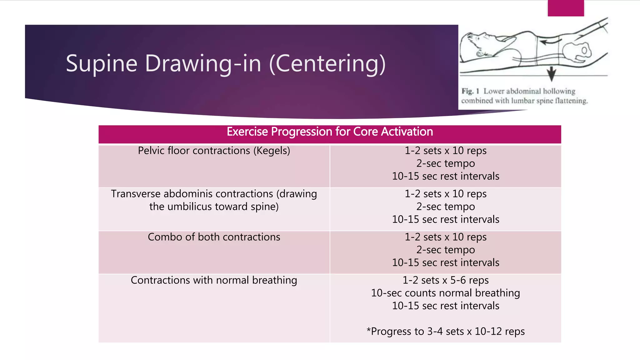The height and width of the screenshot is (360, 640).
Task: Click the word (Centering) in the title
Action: [327, 64]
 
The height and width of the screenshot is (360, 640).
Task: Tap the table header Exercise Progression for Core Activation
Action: [330, 132]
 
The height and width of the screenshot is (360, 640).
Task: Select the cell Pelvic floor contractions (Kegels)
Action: [214, 151]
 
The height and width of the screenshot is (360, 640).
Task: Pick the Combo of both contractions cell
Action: [214, 237]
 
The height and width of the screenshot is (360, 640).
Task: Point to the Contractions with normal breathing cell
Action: [214, 280]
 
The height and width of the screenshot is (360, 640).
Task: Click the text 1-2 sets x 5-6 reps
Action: [445, 280]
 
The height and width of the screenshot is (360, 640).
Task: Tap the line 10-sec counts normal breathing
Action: [445, 293]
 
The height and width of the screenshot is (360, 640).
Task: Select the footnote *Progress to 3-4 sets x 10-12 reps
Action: [445, 332]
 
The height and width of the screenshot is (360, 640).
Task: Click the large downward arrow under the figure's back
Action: [552, 74]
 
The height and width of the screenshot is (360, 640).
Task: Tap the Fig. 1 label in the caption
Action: [470, 91]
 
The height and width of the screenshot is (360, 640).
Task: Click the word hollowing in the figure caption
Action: [559, 91]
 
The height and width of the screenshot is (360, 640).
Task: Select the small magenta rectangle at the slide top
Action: [566, 8]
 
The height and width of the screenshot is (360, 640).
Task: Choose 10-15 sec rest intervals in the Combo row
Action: [445, 263]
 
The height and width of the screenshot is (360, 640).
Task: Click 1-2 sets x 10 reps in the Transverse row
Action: [445, 194]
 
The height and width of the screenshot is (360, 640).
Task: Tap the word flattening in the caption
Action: [572, 101]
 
